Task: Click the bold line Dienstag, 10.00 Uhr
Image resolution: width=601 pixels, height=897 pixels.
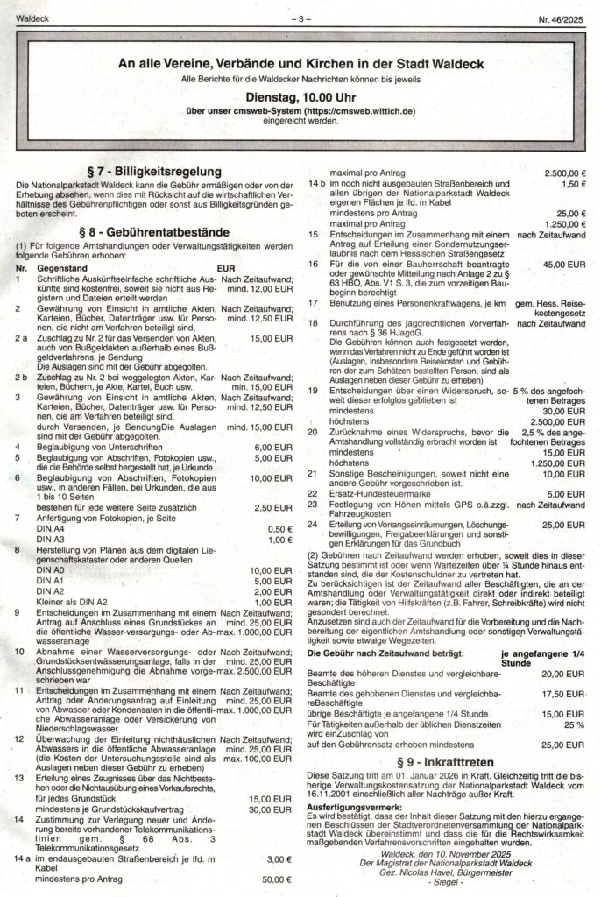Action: [x=300, y=99]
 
